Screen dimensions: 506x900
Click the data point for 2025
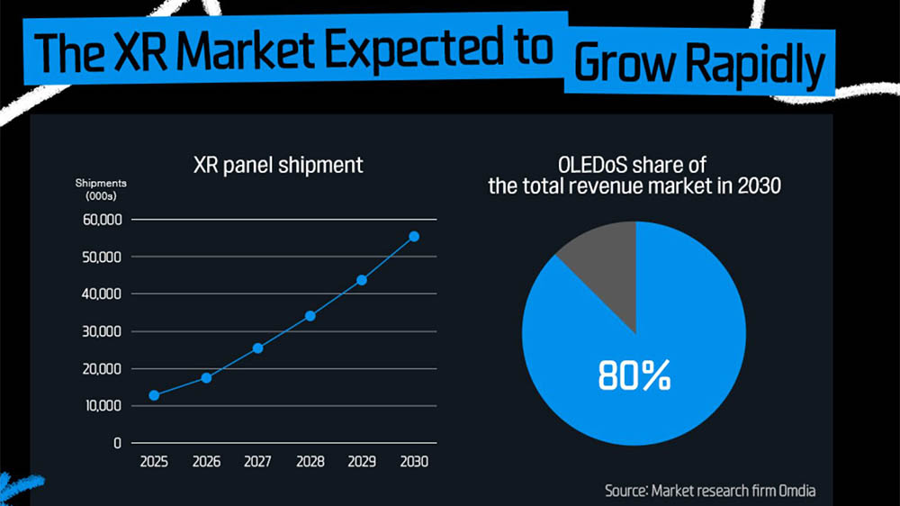coord(155,395)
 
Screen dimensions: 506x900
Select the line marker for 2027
coord(258,348)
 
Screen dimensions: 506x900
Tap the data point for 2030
coord(414,237)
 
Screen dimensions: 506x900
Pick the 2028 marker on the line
coord(310,316)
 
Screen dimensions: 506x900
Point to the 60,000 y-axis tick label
coord(100,220)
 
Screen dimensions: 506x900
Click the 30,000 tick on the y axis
coord(100,331)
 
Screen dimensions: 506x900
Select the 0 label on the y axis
coord(116,443)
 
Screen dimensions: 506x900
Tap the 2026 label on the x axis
coord(206,462)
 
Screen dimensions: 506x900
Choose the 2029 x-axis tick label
coord(362,462)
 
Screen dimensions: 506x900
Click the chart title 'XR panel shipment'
coord(278,165)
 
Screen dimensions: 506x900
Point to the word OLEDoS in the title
coord(593,166)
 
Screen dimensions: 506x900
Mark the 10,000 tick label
coord(100,406)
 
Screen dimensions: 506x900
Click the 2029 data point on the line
coord(362,279)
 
